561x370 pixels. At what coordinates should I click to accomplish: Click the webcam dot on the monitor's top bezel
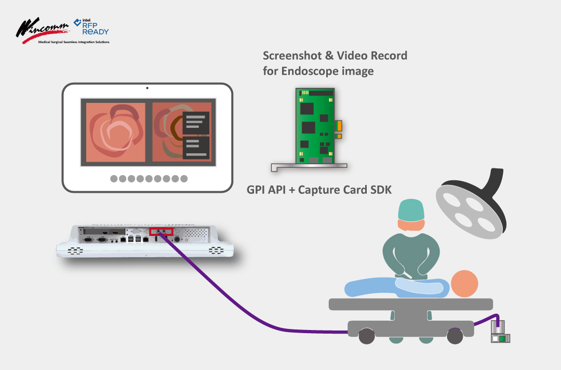pyautogui.click(x=147, y=88)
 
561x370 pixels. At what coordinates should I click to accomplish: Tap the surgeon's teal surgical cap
pyautogui.click(x=411, y=211)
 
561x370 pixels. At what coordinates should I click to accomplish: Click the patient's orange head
pyautogui.click(x=464, y=284)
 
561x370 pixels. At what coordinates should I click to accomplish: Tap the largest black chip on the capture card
pyautogui.click(x=309, y=128)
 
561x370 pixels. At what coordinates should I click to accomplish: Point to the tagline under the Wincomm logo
pyautogui.click(x=73, y=42)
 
